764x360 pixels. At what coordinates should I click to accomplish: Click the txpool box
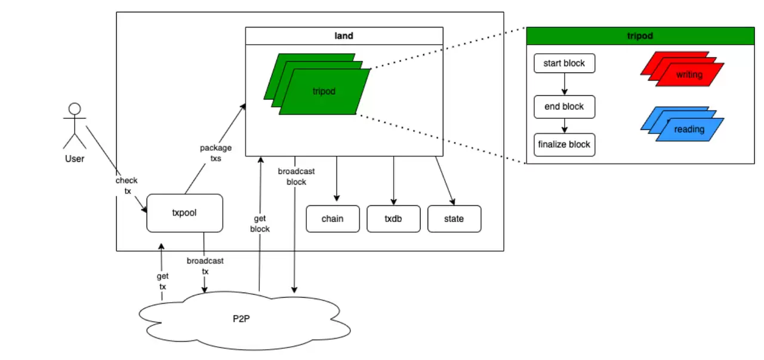point(184,213)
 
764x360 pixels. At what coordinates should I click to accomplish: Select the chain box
point(332,219)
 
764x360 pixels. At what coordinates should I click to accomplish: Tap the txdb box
point(393,219)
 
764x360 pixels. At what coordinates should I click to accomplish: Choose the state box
point(454,219)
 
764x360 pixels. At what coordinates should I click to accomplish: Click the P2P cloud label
point(241,318)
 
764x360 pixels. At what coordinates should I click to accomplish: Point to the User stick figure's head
point(75,109)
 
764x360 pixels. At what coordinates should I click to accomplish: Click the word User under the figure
point(75,159)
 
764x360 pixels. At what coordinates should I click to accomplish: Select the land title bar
point(344,36)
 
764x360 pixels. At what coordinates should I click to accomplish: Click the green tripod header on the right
point(640,36)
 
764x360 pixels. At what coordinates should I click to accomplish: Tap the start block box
point(564,63)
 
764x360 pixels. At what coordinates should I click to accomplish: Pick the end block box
point(564,107)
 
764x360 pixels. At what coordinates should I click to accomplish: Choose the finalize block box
point(564,144)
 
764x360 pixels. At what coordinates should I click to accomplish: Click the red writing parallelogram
point(689,75)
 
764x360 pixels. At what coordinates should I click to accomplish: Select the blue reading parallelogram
point(689,130)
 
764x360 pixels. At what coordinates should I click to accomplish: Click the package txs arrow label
point(215,153)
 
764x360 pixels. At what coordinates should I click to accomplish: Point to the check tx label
point(126,185)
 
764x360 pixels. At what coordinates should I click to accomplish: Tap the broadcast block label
point(296,177)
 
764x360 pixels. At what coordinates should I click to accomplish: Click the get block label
point(260,224)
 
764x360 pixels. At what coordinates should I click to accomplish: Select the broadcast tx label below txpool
point(205,266)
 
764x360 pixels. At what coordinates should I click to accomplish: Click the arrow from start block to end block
point(564,84)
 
